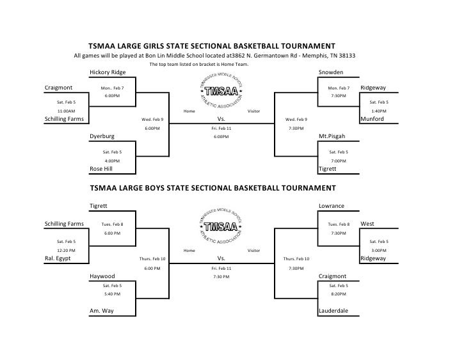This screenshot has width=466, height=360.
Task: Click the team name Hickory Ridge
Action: [x=108, y=72]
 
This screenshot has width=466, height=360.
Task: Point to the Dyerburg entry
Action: [x=102, y=136]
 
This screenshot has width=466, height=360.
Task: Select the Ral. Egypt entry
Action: [x=58, y=260]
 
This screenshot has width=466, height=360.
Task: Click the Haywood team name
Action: [x=102, y=276]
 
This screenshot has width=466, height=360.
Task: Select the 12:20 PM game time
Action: [x=66, y=251]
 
